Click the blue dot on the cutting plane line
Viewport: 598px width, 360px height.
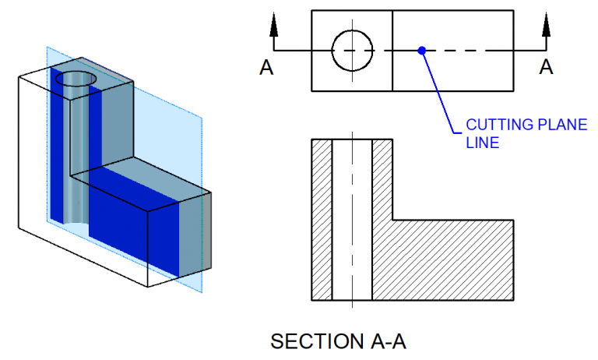coord(421,51)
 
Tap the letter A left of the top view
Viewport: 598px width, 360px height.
coord(266,68)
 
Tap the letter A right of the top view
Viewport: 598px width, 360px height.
coord(547,68)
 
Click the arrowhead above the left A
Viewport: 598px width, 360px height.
coord(273,25)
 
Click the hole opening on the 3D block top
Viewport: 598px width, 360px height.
coord(77,79)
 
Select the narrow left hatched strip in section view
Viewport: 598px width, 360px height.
coord(322,220)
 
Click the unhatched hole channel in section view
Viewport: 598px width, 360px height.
coord(352,220)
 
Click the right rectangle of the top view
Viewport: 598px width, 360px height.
coord(452,50)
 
